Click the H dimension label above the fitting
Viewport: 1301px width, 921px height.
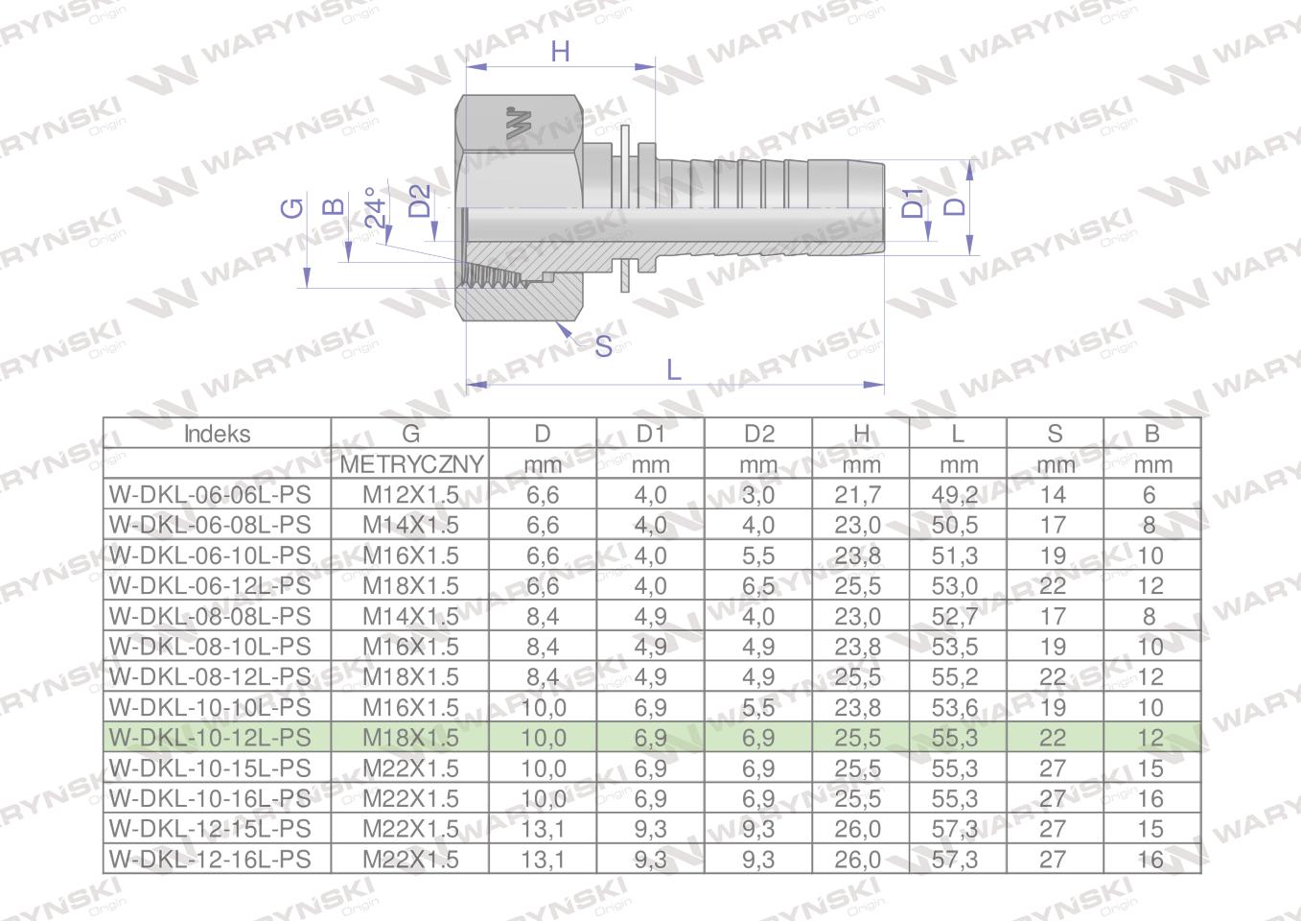coord(560,52)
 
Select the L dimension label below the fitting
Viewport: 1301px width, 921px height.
coord(674,369)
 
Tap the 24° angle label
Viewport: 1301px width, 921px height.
coord(375,207)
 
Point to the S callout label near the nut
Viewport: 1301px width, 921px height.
coord(603,347)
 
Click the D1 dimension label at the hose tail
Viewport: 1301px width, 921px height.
coord(913,202)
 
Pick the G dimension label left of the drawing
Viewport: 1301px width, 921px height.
coord(292,208)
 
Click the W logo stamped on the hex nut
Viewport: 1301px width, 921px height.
coord(519,123)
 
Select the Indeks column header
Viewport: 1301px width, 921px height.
coord(217,434)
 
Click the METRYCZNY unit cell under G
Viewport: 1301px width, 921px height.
coord(411,465)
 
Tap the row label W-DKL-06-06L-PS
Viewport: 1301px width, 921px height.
coord(210,495)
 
